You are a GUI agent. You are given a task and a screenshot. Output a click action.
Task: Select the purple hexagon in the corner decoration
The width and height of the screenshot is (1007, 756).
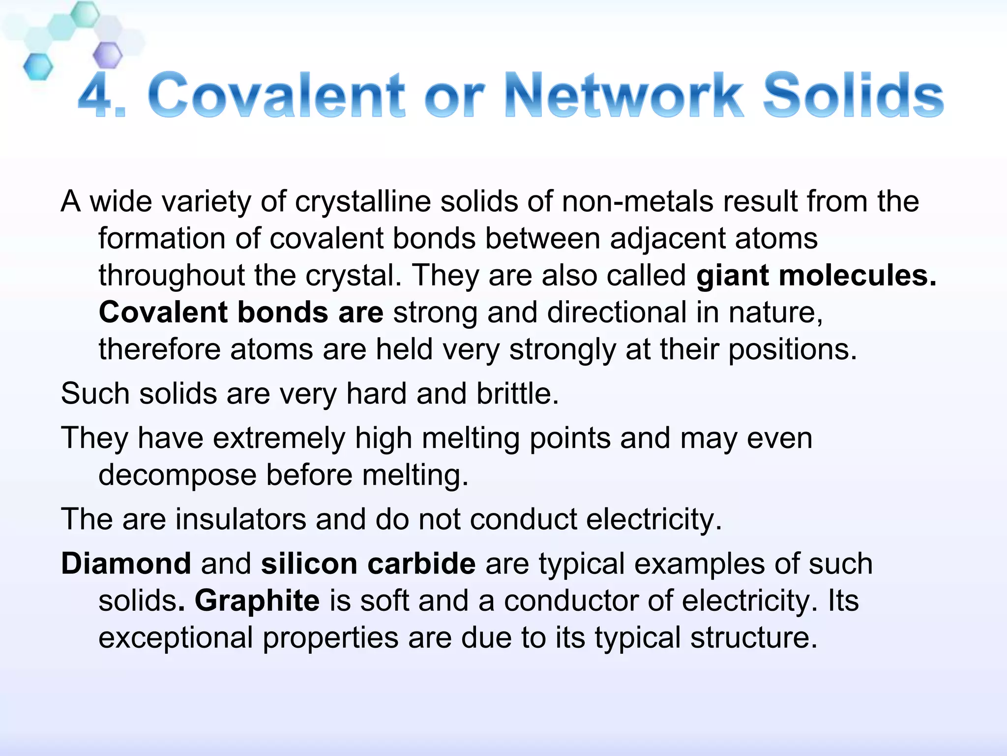point(107,55)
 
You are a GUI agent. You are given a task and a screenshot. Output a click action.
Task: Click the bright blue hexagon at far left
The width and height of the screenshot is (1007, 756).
point(38,67)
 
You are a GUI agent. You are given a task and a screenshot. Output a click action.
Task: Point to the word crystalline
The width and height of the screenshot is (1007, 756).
point(362,202)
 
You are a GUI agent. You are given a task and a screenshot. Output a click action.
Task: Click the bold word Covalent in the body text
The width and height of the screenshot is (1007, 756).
point(163,313)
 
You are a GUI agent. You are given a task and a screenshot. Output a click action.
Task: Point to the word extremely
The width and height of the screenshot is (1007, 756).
point(278,438)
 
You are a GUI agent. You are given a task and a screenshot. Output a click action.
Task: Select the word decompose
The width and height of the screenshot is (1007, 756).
point(178,475)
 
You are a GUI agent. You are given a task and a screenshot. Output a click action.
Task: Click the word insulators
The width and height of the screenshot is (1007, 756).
point(240,519)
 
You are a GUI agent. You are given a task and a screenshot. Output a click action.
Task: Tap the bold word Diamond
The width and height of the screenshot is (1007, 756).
point(126,564)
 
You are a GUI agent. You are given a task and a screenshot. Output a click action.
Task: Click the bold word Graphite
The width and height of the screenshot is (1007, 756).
point(257,601)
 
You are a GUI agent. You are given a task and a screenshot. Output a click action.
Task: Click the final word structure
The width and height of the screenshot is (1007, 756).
point(753,638)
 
